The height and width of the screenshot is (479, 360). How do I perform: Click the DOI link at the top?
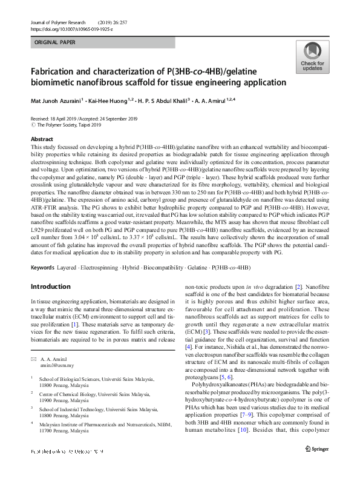pyautogui.click(x=71, y=28)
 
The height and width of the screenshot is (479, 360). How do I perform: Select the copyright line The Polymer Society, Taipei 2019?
pyautogui.click(x=71, y=125)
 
